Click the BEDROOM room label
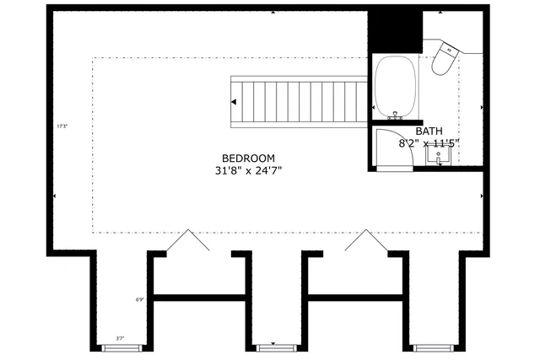[x=248, y=158]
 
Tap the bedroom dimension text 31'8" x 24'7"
[x=247, y=170]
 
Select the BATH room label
[x=429, y=132]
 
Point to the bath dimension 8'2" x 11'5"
[x=429, y=143]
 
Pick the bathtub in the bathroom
[x=397, y=87]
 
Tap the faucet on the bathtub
[x=396, y=114]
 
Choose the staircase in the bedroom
[x=300, y=100]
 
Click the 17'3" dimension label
[x=61, y=126]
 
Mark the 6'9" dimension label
[x=140, y=299]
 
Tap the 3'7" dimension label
[x=121, y=338]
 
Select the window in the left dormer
[x=120, y=346]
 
